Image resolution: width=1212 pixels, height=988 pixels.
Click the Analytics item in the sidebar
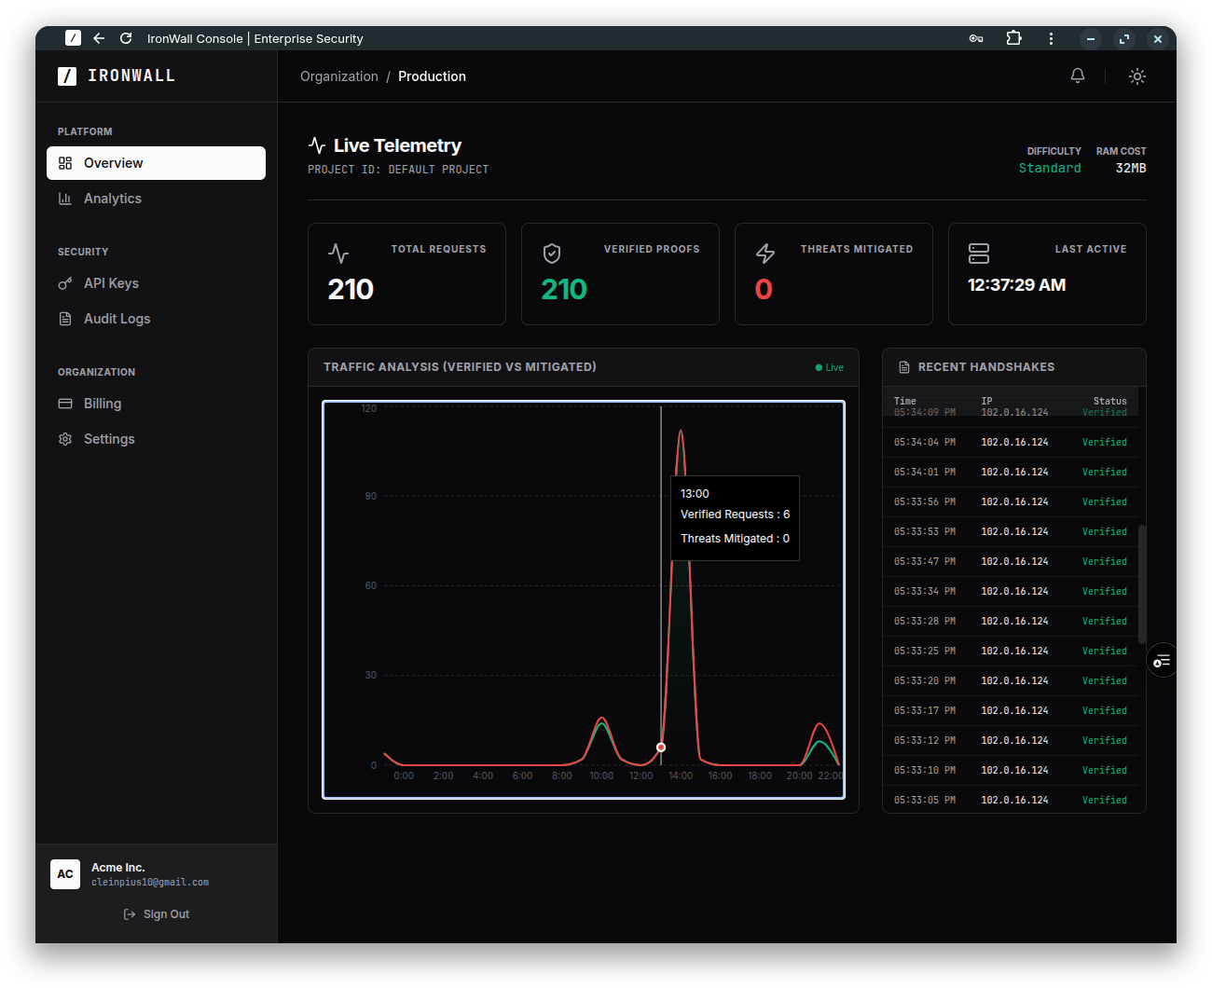pyautogui.click(x=112, y=199)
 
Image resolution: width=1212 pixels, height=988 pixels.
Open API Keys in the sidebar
pyautogui.click(x=111, y=283)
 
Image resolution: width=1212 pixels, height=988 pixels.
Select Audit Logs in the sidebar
pyautogui.click(x=117, y=319)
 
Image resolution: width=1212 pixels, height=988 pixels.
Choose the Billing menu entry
pyautogui.click(x=103, y=404)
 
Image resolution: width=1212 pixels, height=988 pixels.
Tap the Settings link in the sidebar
pyautogui.click(x=109, y=439)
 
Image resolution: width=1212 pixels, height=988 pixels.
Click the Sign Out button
pyautogui.click(x=157, y=914)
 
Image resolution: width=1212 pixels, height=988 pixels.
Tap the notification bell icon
pyautogui.click(x=1078, y=76)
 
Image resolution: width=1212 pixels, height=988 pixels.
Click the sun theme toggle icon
pyautogui.click(x=1137, y=76)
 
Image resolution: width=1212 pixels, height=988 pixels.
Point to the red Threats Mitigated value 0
pyautogui.click(x=764, y=290)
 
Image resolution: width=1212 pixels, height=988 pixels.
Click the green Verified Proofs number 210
pyautogui.click(x=564, y=290)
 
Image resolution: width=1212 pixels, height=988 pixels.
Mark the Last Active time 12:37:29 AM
pyautogui.click(x=1016, y=285)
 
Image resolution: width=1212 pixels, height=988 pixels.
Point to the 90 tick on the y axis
pyautogui.click(x=371, y=496)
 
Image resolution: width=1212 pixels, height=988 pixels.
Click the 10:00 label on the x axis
pyautogui.click(x=601, y=775)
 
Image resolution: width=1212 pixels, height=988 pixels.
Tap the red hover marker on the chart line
pyautogui.click(x=661, y=748)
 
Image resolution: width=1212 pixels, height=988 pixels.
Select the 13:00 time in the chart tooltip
pyautogui.click(x=695, y=494)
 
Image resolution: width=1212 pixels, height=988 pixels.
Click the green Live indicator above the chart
pyautogui.click(x=830, y=367)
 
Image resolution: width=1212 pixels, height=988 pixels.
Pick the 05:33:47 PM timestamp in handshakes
pyautogui.click(x=924, y=561)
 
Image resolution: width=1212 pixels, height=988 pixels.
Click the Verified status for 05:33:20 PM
pyautogui.click(x=1104, y=680)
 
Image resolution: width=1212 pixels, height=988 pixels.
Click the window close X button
pyautogui.click(x=1158, y=39)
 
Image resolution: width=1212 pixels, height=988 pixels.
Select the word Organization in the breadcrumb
pyautogui.click(x=339, y=76)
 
